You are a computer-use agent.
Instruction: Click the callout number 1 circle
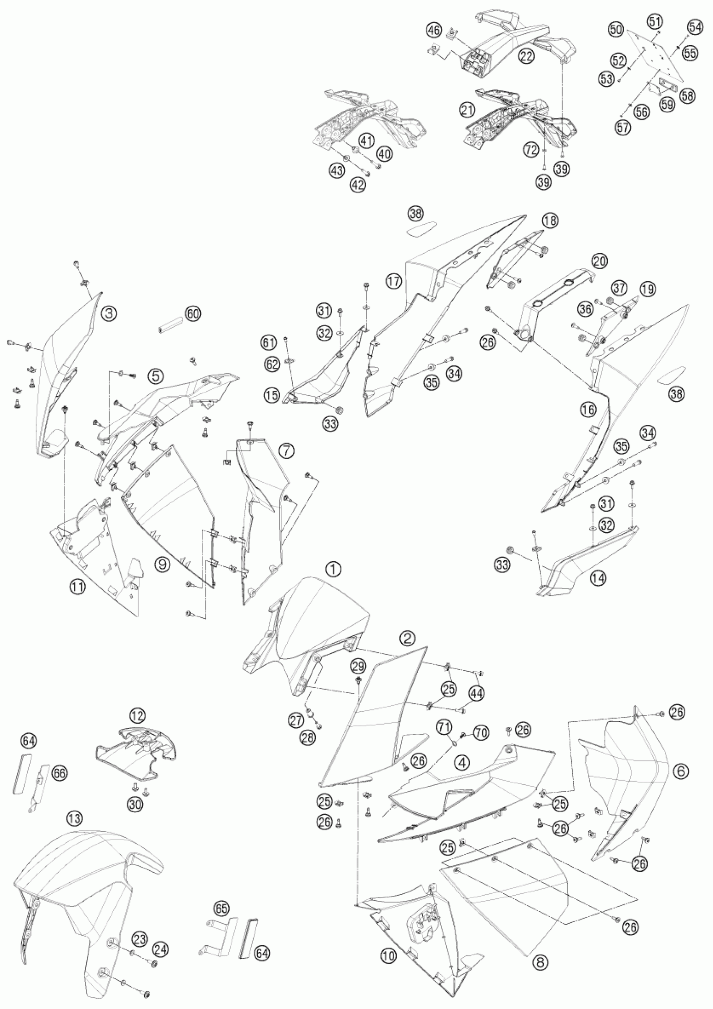(x=333, y=570)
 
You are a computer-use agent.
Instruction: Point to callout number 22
(x=526, y=56)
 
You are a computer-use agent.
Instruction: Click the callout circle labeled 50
(x=616, y=29)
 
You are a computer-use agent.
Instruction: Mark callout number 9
(x=162, y=565)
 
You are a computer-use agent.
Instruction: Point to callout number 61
(x=279, y=341)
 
